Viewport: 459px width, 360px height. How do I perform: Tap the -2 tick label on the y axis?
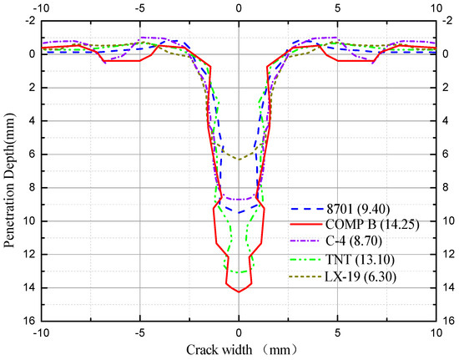click(27, 20)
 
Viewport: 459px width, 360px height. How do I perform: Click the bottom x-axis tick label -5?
click(139, 332)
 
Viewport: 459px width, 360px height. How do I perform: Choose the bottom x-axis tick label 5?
click(338, 332)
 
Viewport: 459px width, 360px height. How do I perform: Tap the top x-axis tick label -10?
click(38, 8)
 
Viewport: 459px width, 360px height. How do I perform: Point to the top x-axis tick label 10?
click(437, 8)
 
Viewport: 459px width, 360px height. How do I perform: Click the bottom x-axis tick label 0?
click(239, 332)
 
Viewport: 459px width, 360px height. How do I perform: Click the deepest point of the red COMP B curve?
click(239, 292)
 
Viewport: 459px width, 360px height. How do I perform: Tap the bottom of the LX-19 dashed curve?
click(239, 159)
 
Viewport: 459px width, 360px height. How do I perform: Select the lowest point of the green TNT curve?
click(239, 272)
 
